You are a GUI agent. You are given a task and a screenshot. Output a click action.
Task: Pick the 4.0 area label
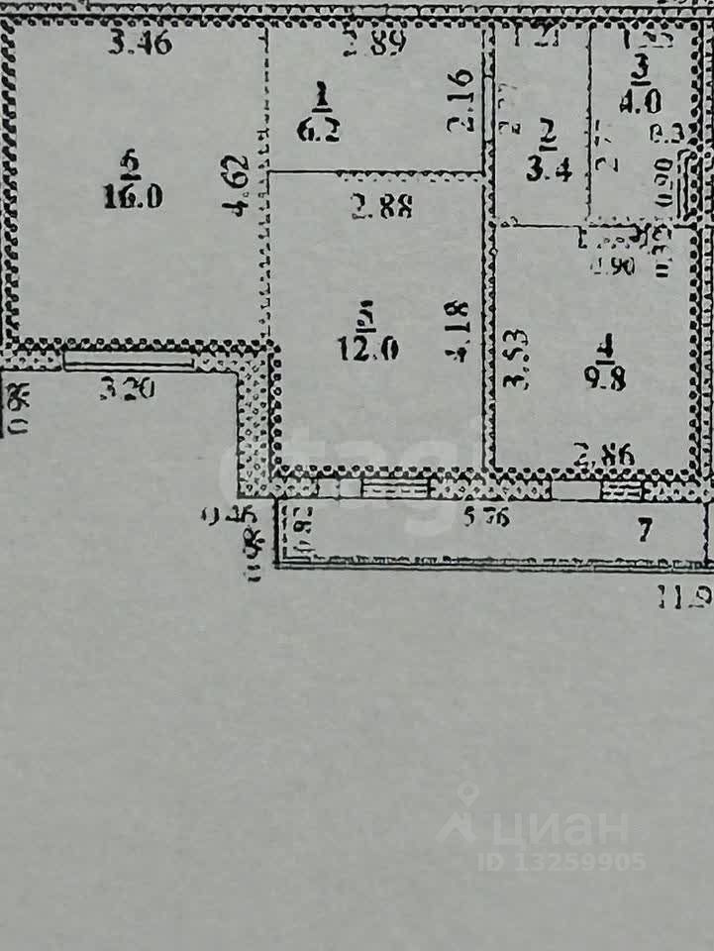pos(642,102)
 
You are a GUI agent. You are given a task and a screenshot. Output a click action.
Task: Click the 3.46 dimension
pos(141,43)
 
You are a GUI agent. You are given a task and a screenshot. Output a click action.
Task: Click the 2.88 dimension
pos(380,207)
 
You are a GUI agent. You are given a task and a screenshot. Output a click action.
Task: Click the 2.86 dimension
pos(606,458)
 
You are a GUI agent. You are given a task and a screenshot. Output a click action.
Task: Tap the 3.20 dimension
pos(129,389)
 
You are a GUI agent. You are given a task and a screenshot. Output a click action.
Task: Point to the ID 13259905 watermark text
pos(561,861)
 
